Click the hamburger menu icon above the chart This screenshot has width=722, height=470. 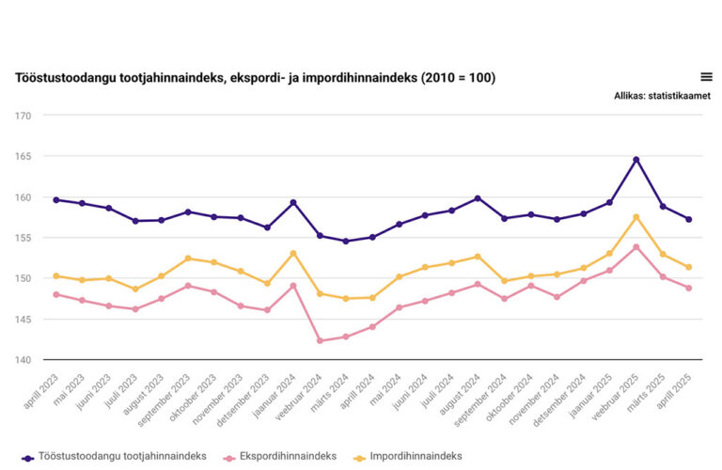[x=706, y=77]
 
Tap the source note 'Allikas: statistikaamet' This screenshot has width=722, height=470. [x=662, y=96]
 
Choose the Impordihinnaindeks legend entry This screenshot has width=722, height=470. [x=410, y=457]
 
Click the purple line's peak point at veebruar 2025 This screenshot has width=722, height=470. [x=636, y=160]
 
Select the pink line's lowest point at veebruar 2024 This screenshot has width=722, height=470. [x=320, y=340]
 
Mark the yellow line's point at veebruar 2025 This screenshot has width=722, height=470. [x=636, y=217]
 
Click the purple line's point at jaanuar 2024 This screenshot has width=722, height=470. [x=293, y=202]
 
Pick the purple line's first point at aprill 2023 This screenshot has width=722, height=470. [x=56, y=199]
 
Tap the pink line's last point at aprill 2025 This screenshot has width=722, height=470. [x=689, y=288]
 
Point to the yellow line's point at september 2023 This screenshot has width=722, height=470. [x=188, y=258]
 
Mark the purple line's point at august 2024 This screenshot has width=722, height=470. [x=479, y=198]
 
